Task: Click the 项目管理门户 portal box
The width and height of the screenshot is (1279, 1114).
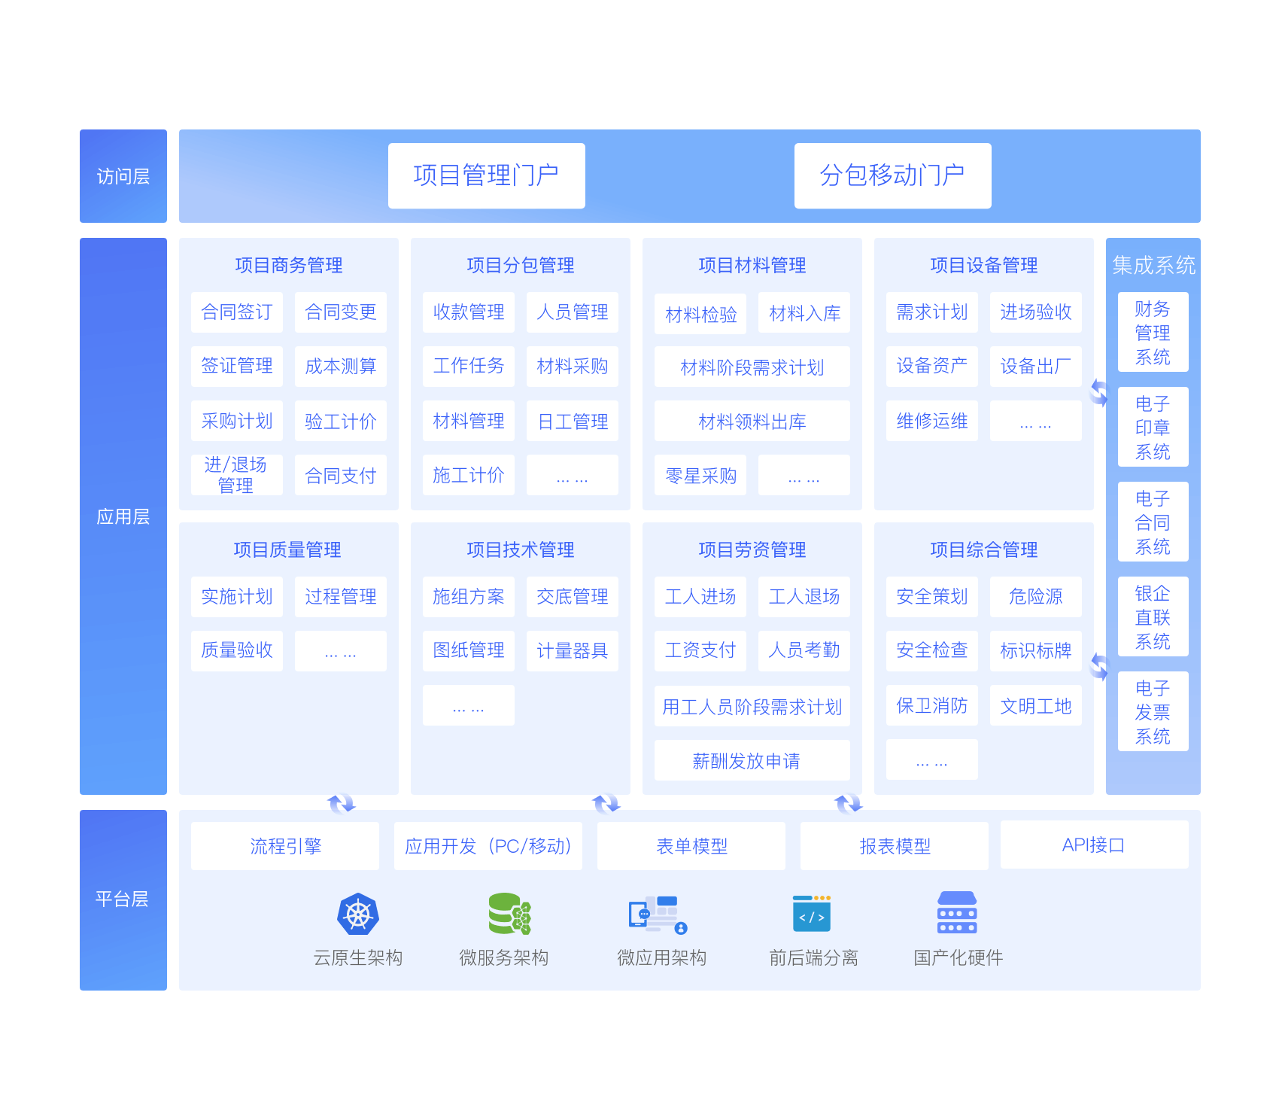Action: [487, 175]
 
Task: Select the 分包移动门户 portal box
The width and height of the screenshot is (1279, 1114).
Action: [893, 175]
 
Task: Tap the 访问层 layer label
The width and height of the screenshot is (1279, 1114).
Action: [123, 176]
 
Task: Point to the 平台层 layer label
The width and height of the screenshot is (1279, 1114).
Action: [122, 899]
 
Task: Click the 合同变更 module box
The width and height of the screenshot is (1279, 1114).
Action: [341, 312]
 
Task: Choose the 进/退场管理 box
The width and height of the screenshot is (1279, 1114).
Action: [237, 475]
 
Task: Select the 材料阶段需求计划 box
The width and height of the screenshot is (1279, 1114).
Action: [752, 367]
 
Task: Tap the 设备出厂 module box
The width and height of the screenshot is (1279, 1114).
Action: [1036, 367]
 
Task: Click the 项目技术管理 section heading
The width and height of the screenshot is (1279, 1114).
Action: [521, 549]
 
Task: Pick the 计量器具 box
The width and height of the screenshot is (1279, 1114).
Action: [573, 651]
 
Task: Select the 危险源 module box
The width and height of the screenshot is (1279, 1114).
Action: [1036, 597]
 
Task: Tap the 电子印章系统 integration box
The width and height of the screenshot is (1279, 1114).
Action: [1153, 427]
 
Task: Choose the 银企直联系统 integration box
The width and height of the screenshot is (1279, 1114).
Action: [1153, 616]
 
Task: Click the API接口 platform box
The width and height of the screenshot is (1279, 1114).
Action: [1095, 845]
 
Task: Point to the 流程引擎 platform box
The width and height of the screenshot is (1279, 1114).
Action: [285, 846]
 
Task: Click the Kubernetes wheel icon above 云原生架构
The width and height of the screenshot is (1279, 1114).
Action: [358, 915]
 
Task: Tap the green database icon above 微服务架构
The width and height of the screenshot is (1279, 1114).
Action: [509, 914]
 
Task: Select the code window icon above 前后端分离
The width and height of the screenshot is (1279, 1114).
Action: [812, 914]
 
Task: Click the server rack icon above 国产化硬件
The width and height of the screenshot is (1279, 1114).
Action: [957, 912]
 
